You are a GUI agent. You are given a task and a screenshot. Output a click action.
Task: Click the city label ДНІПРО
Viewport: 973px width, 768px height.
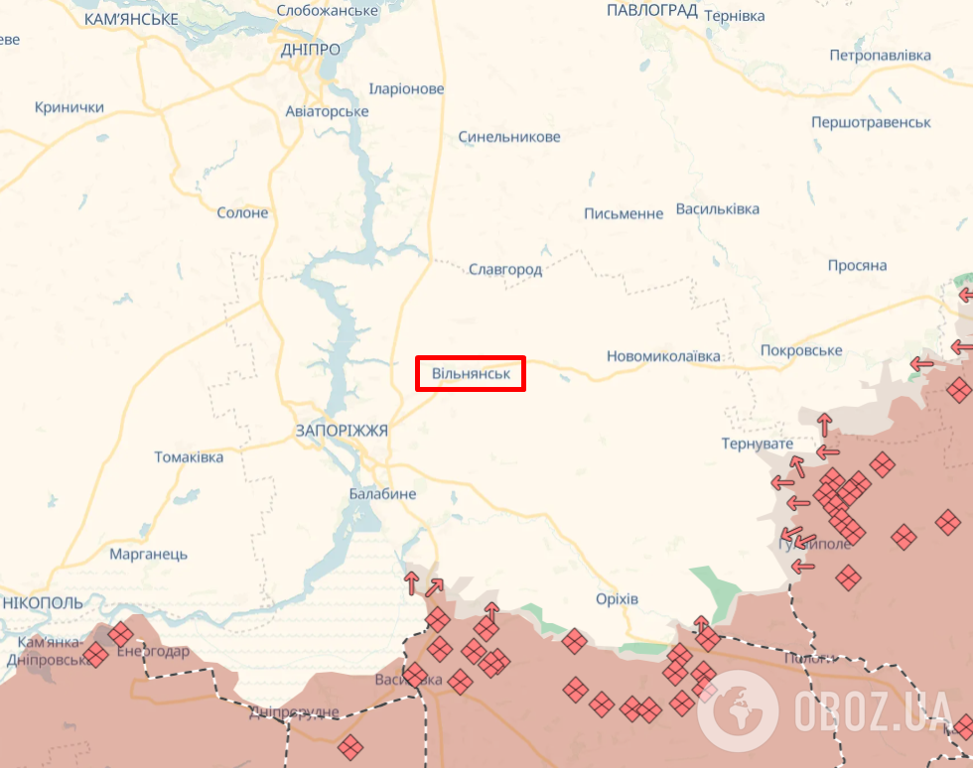point(310,50)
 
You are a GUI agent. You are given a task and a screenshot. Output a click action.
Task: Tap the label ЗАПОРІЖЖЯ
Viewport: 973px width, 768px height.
point(342,431)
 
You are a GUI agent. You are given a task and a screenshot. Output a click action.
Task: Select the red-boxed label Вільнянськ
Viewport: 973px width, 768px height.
point(471,374)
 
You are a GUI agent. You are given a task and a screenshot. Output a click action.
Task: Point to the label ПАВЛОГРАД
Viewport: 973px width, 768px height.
point(651,10)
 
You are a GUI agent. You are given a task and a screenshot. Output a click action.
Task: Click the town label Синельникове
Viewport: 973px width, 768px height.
point(509,137)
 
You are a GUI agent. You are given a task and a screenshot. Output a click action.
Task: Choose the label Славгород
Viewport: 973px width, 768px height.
point(504,269)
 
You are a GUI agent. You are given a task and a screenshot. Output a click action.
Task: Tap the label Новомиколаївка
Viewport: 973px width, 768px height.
point(663,356)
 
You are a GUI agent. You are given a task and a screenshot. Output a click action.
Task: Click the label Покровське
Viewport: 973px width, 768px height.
point(801,350)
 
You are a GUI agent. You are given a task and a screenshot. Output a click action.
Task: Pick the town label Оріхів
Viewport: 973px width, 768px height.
point(618,598)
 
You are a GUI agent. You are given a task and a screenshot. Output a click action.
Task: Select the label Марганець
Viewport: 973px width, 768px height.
point(149,554)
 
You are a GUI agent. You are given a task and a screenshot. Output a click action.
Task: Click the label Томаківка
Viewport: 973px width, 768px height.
point(189,457)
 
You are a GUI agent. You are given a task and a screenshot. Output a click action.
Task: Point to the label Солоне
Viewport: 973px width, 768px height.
point(242,212)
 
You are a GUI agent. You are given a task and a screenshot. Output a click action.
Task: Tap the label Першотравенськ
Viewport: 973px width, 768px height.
point(871,122)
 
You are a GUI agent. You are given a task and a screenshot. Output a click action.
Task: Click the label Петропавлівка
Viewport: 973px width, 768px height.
point(880,55)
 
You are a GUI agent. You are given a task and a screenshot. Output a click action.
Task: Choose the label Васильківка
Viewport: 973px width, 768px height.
point(717,209)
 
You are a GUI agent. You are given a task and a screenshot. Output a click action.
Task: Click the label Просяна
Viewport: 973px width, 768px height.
point(857,266)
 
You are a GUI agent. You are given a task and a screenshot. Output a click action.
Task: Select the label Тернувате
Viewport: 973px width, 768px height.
point(758,444)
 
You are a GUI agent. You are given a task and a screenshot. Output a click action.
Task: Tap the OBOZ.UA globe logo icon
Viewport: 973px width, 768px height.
point(737,709)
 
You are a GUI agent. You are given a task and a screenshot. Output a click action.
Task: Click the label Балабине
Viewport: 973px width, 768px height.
point(382,494)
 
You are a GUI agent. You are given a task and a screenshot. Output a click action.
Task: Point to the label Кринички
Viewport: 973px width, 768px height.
point(69,107)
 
